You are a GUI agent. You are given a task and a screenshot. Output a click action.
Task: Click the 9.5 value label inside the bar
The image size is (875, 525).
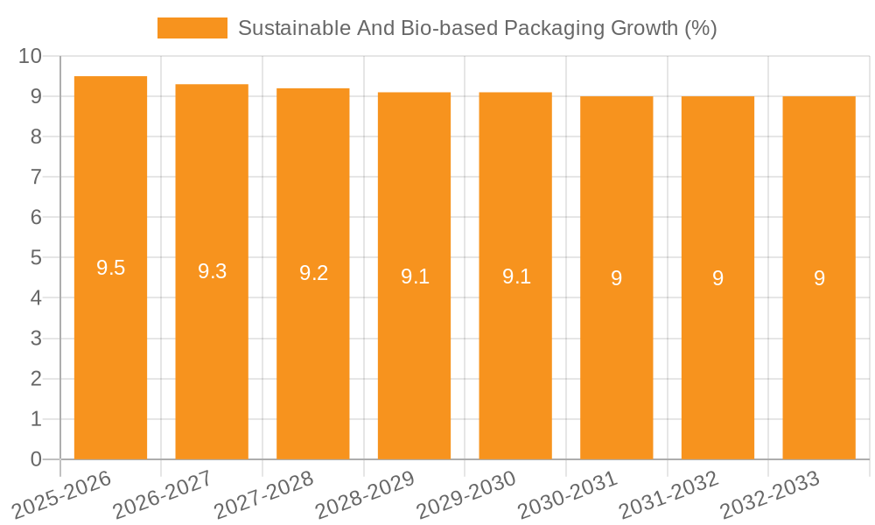click(110, 269)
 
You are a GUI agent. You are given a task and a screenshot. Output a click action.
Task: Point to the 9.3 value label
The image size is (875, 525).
click(212, 271)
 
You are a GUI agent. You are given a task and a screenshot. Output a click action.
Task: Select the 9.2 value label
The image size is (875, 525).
click(313, 273)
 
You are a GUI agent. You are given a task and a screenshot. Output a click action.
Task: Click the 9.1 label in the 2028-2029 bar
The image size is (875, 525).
click(415, 276)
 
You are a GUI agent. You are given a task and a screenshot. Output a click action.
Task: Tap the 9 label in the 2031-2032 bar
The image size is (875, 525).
click(717, 278)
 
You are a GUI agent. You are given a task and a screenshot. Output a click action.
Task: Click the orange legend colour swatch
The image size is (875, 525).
click(192, 28)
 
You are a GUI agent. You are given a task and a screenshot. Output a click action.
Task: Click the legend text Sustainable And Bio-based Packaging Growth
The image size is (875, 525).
click(477, 28)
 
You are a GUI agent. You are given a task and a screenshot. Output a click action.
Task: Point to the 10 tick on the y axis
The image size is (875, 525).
click(31, 56)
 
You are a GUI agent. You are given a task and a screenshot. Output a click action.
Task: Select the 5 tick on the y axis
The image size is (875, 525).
click(36, 258)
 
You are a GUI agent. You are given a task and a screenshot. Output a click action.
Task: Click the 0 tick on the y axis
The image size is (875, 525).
click(36, 459)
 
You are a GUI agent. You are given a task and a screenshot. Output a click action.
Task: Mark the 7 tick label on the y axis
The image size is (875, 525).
click(36, 177)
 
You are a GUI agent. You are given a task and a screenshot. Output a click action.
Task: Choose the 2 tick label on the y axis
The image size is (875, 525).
click(36, 379)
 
